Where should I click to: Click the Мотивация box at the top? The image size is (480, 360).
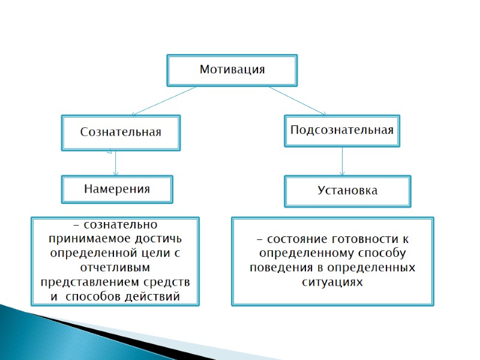click(232, 70)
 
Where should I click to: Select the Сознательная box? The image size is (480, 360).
click(121, 132)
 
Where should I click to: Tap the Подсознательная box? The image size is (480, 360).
click(342, 130)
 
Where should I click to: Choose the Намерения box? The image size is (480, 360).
click(117, 189)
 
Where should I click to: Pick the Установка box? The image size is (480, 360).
click(347, 191)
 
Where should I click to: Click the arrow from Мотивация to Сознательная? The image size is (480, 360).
click(164, 100)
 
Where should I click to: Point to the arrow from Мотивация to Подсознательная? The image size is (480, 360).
click(297, 100)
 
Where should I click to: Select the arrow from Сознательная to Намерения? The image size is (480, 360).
click(115, 163)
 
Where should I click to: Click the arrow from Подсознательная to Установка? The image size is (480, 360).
click(343, 161)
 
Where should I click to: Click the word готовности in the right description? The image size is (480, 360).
click(360, 239)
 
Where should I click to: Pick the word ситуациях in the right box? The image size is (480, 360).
click(332, 281)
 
